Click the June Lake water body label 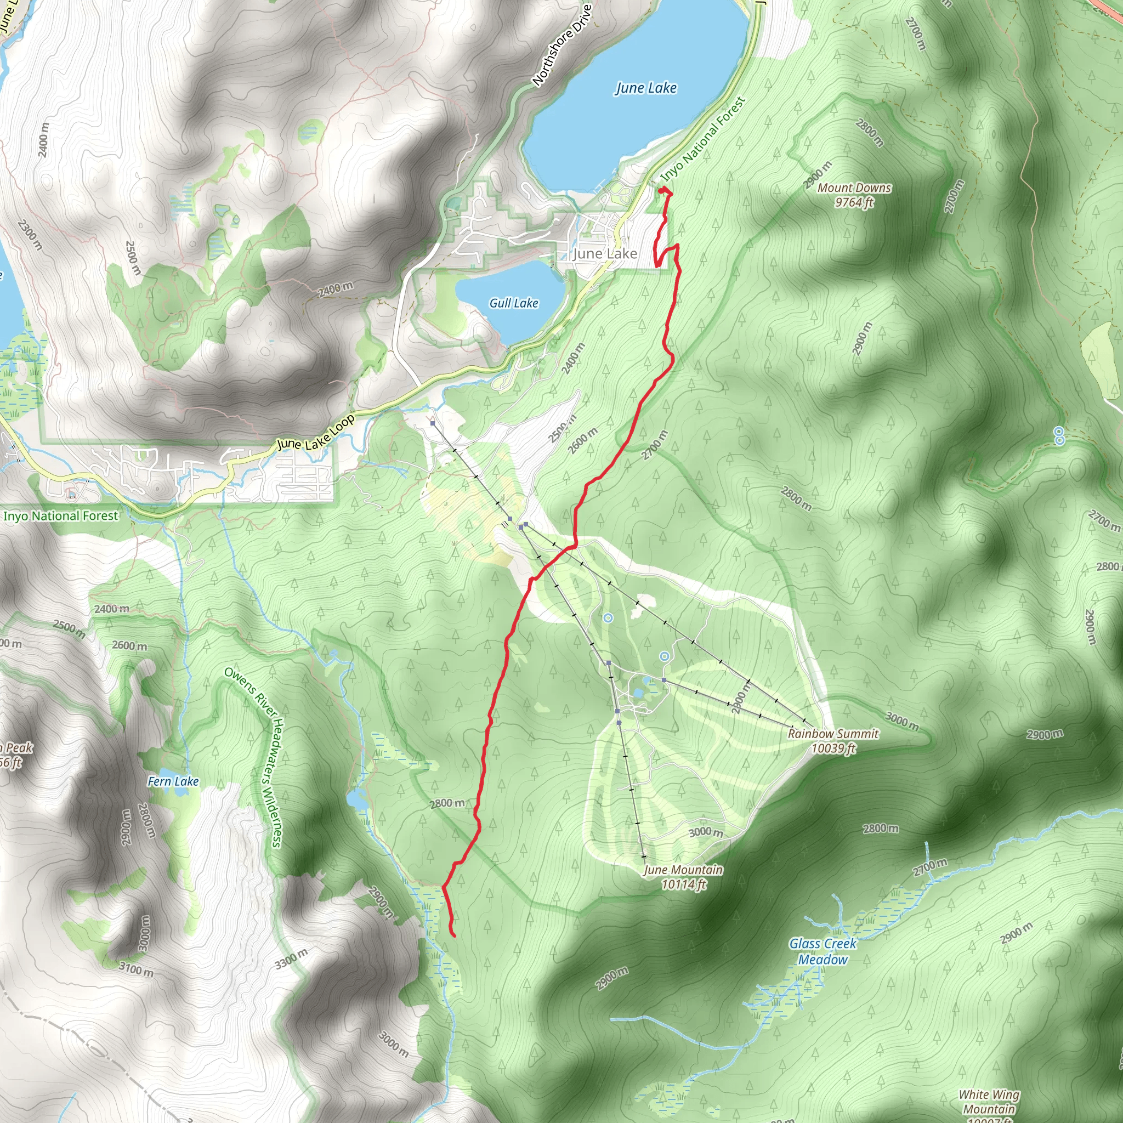coord(646,88)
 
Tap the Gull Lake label coord(513,303)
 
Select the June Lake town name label coord(604,253)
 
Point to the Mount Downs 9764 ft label coord(854,195)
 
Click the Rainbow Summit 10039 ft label coord(833,740)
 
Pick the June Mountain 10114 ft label coord(683,877)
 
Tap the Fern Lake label coord(173,781)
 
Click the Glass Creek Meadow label coord(823,951)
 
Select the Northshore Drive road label coord(561,46)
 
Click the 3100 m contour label coord(136,968)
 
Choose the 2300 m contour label coord(30,234)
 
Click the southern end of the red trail coord(453,935)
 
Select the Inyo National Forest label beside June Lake coord(703,138)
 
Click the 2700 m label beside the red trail coord(655,445)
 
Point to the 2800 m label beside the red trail coord(447,803)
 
